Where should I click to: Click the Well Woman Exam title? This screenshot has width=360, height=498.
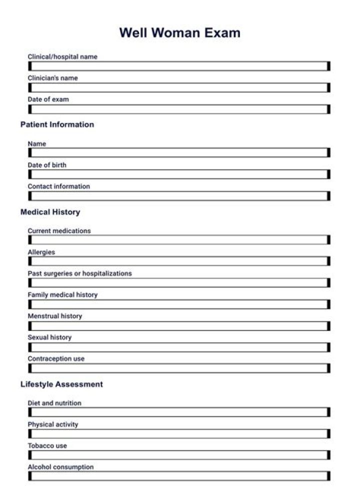pos(179,33)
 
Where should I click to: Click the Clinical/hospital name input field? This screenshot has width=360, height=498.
pos(179,66)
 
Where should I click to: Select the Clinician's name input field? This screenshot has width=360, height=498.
pos(179,87)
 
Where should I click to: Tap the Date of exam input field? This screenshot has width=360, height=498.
pos(179,109)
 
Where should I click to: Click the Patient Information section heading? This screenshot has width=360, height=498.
pos(57,124)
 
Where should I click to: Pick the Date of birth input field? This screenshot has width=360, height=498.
pos(179,174)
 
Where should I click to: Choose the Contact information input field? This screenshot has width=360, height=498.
pos(179,196)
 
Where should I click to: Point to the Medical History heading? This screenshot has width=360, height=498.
pos(50,212)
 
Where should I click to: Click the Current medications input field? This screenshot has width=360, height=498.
pos(179,240)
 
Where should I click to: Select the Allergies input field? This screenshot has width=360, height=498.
pos(179,261)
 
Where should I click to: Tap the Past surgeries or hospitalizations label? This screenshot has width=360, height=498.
pos(79,273)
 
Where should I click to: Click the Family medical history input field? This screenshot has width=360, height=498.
pos(179,304)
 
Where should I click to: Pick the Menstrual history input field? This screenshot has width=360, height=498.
pos(179,325)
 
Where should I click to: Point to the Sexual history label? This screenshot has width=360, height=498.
pos(49,337)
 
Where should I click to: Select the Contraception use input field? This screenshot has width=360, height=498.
pos(179,368)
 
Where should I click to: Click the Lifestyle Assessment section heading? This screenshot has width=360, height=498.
pos(61,384)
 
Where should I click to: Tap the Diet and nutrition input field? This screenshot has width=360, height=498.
pos(179,412)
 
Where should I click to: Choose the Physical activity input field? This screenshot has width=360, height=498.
pos(179,433)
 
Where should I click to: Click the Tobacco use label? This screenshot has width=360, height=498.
pos(47,445)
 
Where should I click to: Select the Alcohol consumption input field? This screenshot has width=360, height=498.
pos(179,476)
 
